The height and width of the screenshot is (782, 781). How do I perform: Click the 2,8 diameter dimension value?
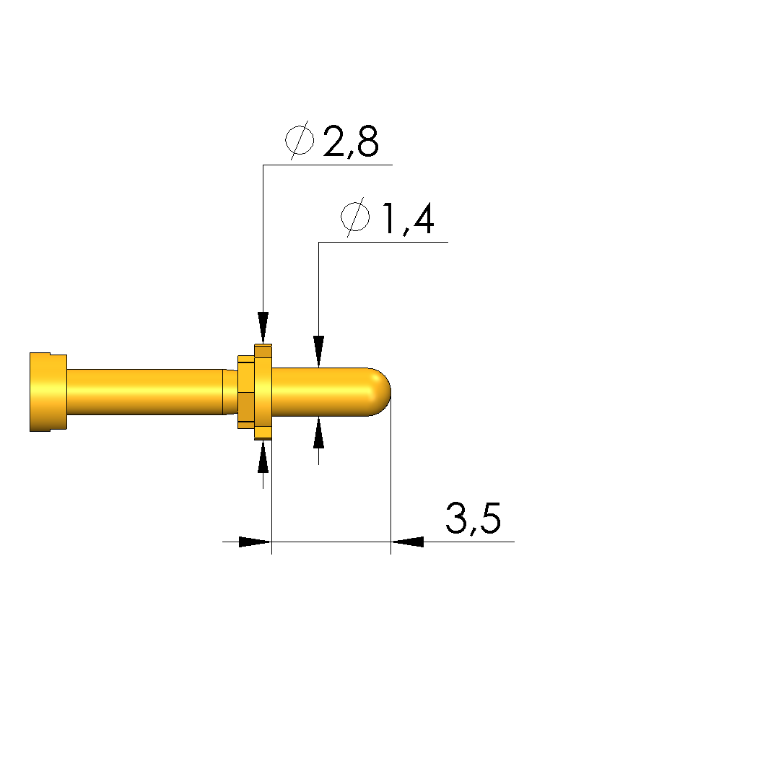[351, 141]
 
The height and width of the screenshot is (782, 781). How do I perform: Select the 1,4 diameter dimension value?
[408, 219]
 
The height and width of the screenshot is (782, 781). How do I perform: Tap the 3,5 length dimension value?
[473, 518]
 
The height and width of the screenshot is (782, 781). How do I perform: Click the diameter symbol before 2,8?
[300, 140]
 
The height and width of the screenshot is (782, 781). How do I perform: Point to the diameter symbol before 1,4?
[355, 217]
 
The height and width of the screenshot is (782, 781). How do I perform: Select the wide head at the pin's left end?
[48, 391]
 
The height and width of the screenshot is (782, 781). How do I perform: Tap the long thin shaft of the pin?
[144, 391]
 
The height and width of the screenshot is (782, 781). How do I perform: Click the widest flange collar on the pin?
[263, 392]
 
